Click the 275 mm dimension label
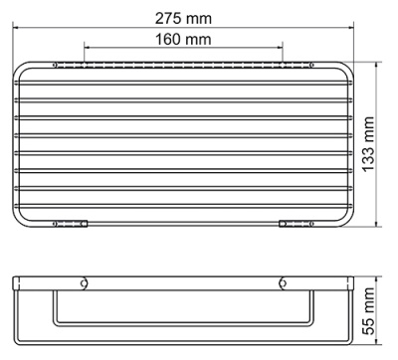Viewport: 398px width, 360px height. point(184,18)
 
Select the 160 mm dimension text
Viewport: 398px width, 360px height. point(184,41)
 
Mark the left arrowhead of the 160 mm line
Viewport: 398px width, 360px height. point(87,52)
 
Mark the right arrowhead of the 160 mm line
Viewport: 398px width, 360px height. point(282,52)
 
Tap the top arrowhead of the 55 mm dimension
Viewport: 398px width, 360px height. point(381,281)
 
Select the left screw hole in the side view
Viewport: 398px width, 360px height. point(86,282)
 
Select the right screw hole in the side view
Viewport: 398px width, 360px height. point(283,282)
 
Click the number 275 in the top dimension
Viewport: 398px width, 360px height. point(170,18)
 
